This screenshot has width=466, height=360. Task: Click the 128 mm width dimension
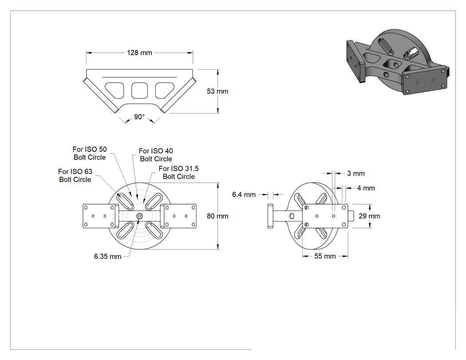pos(139,53)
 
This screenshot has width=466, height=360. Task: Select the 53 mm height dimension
pos(217,91)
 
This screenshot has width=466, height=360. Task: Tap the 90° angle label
pos(139,117)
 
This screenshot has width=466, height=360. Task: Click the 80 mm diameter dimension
pos(217,216)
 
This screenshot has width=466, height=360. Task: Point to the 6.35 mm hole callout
pos(107,256)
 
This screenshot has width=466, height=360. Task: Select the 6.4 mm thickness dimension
pos(244,194)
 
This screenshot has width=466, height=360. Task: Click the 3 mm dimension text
pos(356,173)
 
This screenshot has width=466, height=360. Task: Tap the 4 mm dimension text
pos(366,188)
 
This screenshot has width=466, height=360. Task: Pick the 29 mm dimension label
pos(369,216)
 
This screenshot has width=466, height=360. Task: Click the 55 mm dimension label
pos(325,256)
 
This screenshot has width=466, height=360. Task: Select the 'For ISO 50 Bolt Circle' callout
pos(90,154)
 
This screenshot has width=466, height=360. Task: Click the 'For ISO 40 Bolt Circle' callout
pos(156,155)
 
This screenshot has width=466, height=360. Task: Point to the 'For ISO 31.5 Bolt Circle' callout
pos(178,172)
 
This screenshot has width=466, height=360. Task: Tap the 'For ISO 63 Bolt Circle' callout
pos(75,175)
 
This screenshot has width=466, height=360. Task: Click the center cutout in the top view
pos(139,91)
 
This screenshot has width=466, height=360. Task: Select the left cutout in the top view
pos(115,90)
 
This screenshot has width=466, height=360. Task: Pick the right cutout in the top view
pos(164,90)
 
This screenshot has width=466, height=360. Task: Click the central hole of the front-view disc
pos(140,216)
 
